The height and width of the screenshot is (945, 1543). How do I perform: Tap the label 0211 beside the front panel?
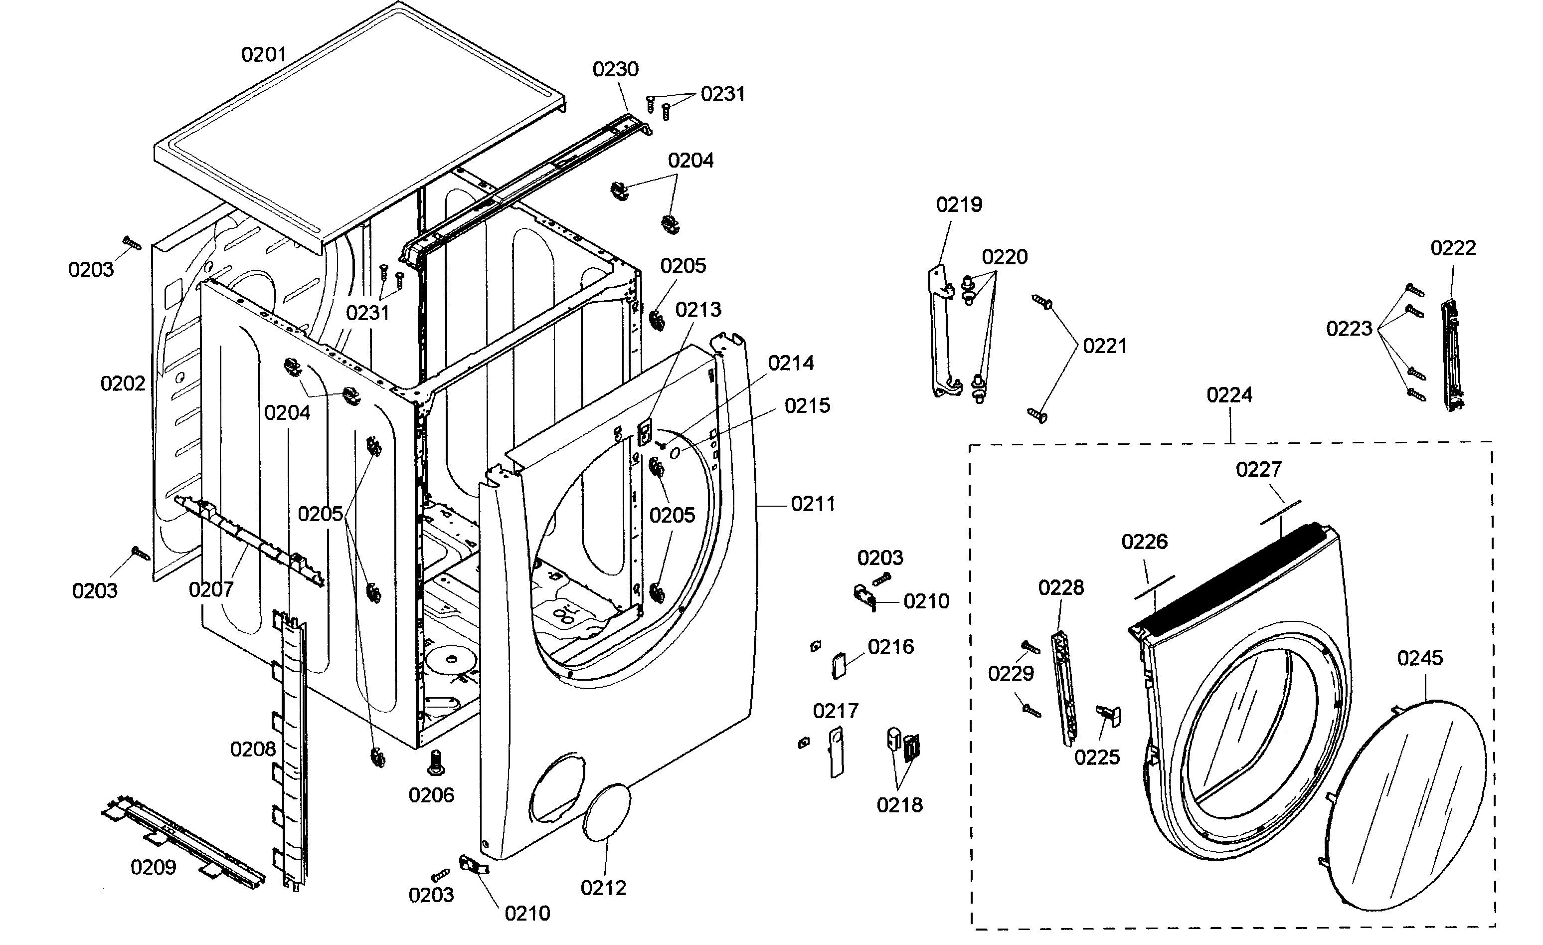pyautogui.click(x=813, y=504)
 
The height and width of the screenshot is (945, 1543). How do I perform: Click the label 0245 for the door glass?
pyautogui.click(x=1420, y=658)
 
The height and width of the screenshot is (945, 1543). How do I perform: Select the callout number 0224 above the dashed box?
pyautogui.click(x=1229, y=394)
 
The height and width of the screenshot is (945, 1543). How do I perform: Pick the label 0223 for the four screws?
pyautogui.click(x=1349, y=328)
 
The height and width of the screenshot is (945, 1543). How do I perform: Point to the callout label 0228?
pyautogui.click(x=1061, y=587)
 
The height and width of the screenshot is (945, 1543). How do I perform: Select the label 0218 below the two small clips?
pyautogui.click(x=899, y=805)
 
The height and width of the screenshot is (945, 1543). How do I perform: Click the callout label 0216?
pyautogui.click(x=890, y=646)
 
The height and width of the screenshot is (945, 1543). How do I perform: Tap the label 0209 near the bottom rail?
pyautogui.click(x=154, y=867)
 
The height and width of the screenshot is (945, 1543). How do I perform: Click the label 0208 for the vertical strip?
pyautogui.click(x=253, y=749)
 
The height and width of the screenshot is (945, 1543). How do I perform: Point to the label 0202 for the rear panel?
pyautogui.click(x=123, y=383)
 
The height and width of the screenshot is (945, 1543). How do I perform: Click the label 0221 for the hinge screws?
pyautogui.click(x=1105, y=346)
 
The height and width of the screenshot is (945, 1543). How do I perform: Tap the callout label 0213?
pyautogui.click(x=697, y=309)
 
